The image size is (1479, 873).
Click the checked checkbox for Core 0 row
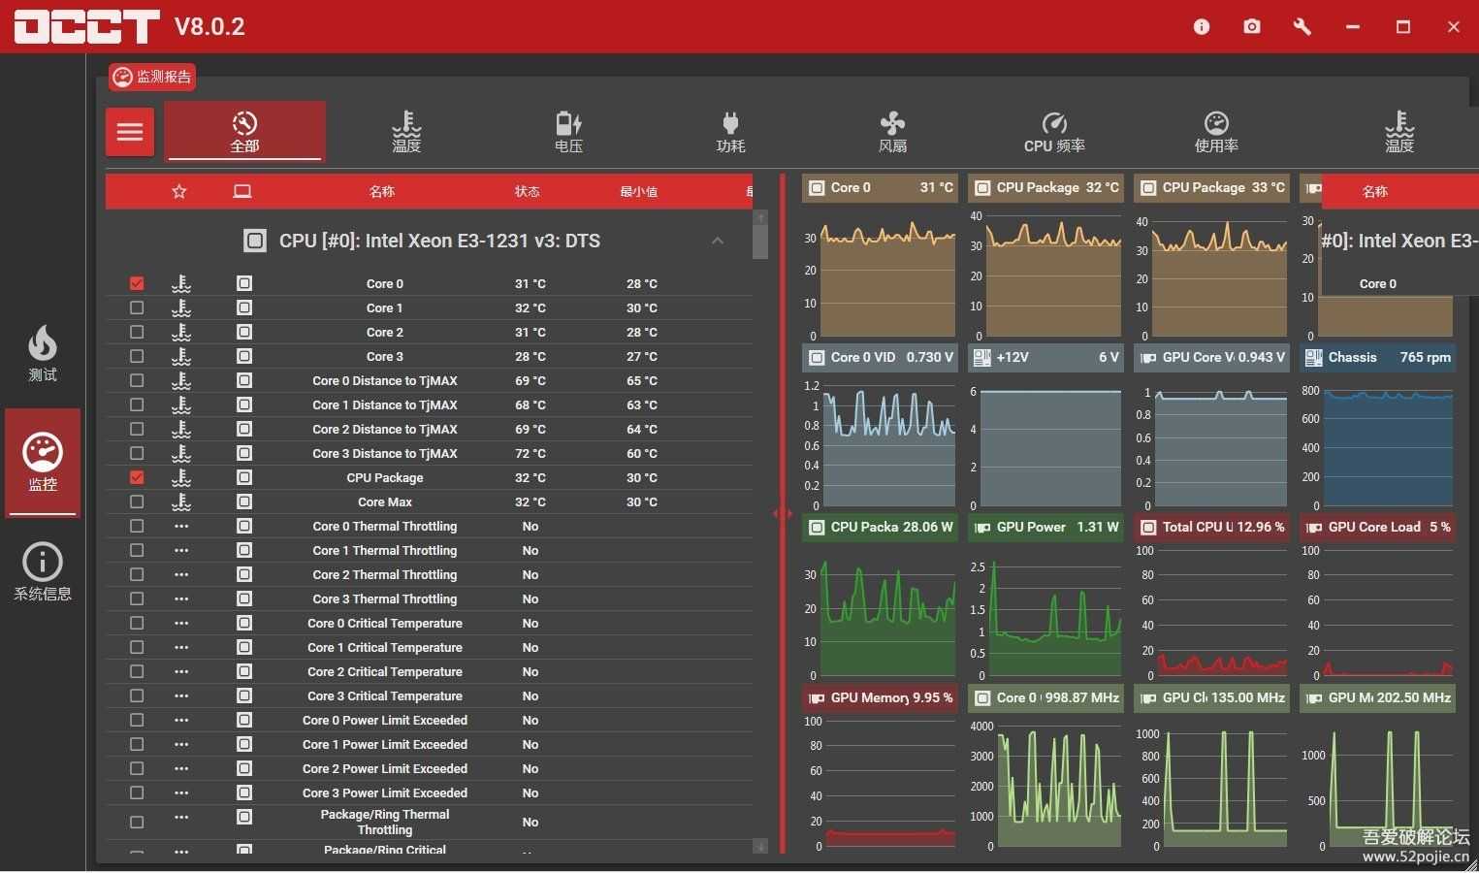pyautogui.click(x=137, y=283)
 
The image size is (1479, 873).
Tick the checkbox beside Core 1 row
pyautogui.click(x=137, y=307)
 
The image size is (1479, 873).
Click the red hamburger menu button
pyautogui.click(x=130, y=132)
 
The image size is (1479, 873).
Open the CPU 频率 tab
pyautogui.click(x=1054, y=132)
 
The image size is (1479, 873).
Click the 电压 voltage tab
pyautogui.click(x=568, y=132)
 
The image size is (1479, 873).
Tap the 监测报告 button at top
pyautogui.click(x=152, y=77)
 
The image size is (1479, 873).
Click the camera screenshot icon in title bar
pyautogui.click(x=1252, y=26)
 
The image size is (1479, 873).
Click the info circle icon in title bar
pyautogui.click(x=1202, y=26)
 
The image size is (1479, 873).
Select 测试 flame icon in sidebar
pyautogui.click(x=43, y=352)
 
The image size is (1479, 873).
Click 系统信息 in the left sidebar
pyautogui.click(x=43, y=572)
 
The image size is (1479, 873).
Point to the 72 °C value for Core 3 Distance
pyautogui.click(x=530, y=453)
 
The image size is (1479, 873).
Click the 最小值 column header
pyautogui.click(x=638, y=191)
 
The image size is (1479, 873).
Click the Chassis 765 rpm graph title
pyautogui.click(x=1377, y=357)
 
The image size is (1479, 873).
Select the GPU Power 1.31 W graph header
pyautogui.click(x=1045, y=527)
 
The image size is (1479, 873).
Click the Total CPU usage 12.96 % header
pyautogui.click(x=1211, y=527)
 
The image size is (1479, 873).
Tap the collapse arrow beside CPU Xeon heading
pyautogui.click(x=718, y=241)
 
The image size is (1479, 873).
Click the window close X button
pyautogui.click(x=1453, y=26)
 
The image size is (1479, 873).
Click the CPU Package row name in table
pyautogui.click(x=385, y=477)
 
